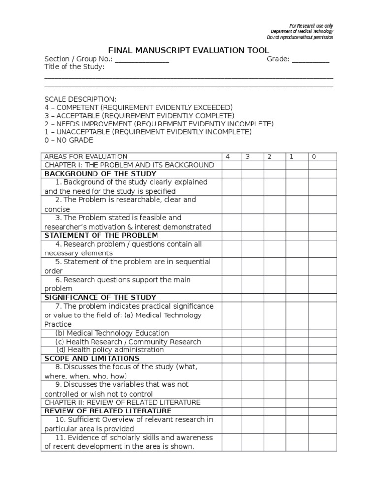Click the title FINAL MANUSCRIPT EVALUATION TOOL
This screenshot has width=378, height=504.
(x=189, y=50)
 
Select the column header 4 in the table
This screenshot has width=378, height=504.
(x=228, y=157)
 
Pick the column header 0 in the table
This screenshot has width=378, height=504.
(x=314, y=157)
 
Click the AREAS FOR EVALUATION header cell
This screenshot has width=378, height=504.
(x=86, y=157)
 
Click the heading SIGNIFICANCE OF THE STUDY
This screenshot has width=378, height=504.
(x=100, y=297)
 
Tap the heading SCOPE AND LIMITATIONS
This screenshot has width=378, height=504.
(x=92, y=358)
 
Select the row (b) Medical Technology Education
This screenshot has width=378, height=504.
(x=112, y=333)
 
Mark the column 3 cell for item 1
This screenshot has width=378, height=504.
(x=252, y=187)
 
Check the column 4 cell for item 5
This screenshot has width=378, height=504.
(x=232, y=266)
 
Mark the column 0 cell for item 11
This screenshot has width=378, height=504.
(x=322, y=442)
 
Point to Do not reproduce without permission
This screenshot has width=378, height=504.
(x=300, y=37)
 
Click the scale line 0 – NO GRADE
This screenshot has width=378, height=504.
(x=68, y=140)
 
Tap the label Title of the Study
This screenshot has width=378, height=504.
(x=74, y=67)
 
